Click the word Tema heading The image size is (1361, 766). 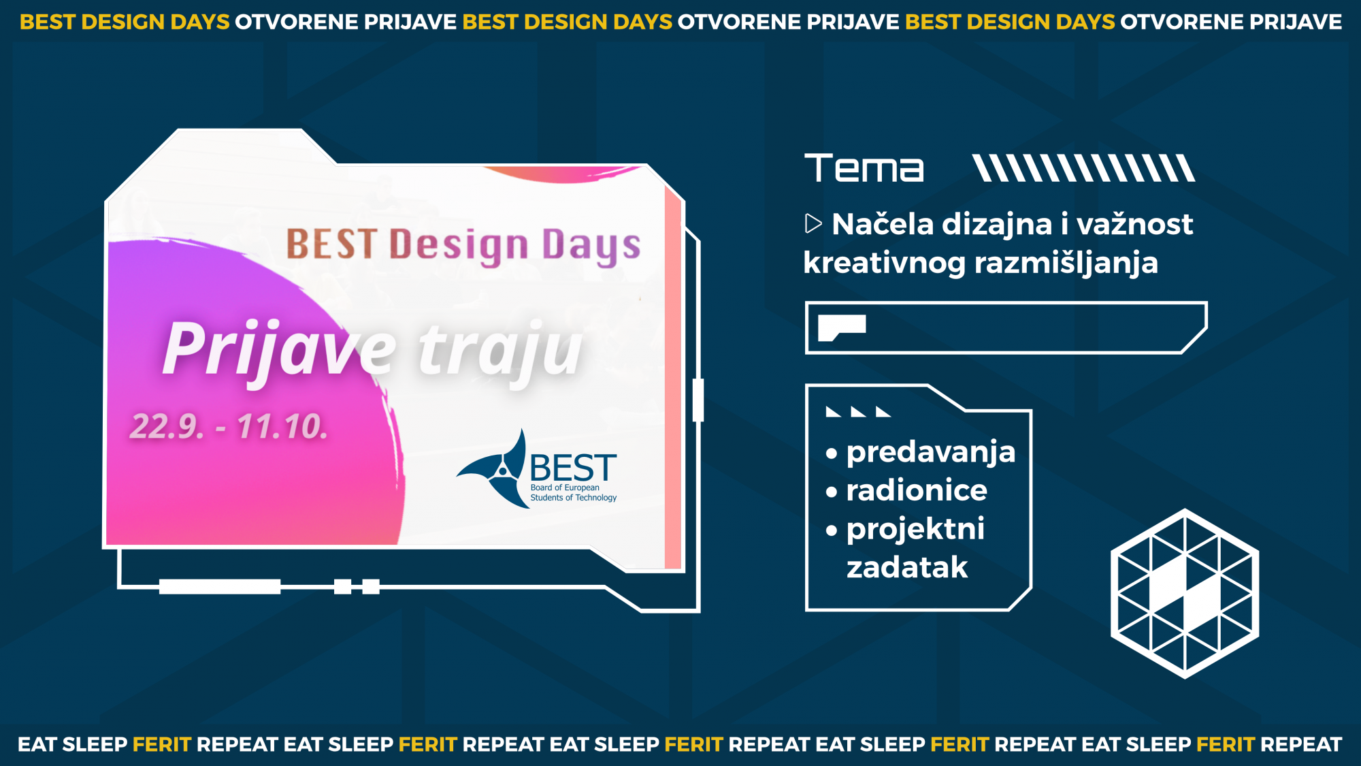tap(864, 168)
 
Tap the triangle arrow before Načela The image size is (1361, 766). tap(813, 223)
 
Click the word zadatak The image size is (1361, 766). tap(907, 567)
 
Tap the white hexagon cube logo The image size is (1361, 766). tap(1185, 593)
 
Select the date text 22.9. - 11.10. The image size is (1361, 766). tap(229, 427)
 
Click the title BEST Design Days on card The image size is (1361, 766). tap(463, 246)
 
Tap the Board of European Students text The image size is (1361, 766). tap(574, 493)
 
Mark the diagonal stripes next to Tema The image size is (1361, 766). tap(1083, 168)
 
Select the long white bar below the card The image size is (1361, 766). tap(220, 586)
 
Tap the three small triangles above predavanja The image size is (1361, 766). tap(858, 412)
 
